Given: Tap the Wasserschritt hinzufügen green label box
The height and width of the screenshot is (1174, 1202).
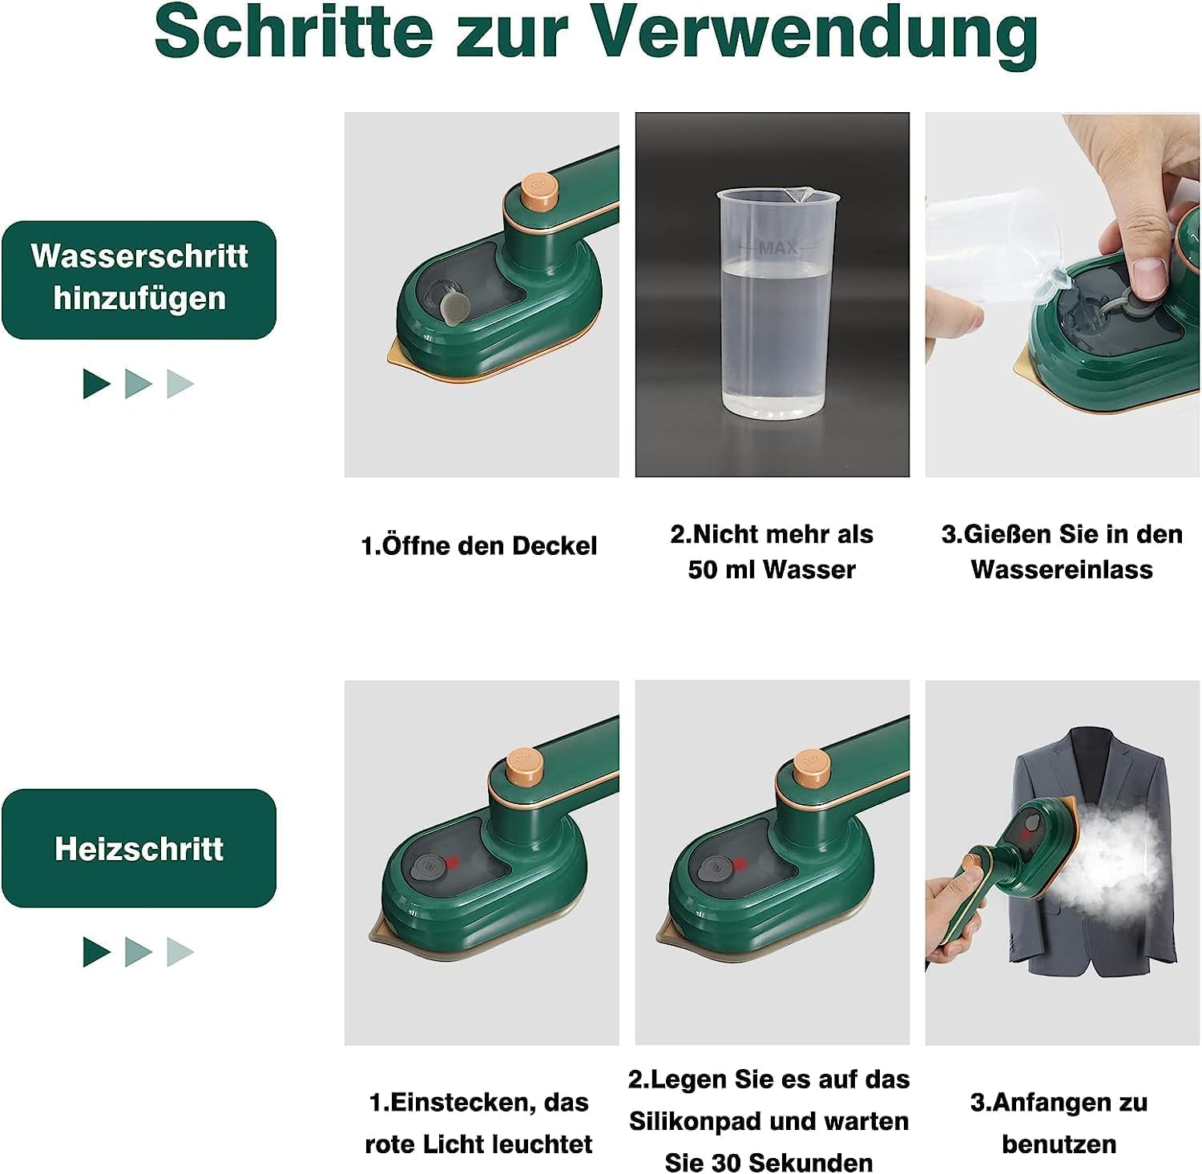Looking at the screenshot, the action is (x=139, y=279).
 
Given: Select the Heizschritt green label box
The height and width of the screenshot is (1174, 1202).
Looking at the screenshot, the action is (x=139, y=848).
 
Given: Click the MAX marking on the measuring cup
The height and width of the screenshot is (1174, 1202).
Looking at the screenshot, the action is (x=777, y=248).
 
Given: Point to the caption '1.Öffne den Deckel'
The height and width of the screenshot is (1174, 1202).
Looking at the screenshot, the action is (x=479, y=546).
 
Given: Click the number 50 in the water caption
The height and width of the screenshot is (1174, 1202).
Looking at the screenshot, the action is (x=702, y=570).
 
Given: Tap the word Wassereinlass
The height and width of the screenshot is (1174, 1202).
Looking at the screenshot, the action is (x=1062, y=569).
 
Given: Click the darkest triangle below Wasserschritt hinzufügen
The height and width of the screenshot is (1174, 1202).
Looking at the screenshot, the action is (x=96, y=384).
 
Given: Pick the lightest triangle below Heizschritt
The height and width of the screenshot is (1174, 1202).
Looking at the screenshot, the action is (x=180, y=952).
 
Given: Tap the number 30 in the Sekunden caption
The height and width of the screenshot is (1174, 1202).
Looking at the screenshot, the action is (x=715, y=1162).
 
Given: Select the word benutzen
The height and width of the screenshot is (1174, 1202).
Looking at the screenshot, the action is (x=1059, y=1144).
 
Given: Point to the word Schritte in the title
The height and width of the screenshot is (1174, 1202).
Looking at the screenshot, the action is (x=293, y=32).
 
